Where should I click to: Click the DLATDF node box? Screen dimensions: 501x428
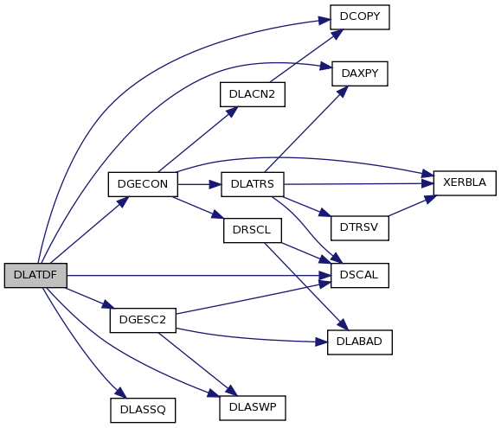[x=35, y=275]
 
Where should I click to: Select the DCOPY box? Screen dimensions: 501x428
[x=360, y=17]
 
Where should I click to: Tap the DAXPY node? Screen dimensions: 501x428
[x=360, y=73]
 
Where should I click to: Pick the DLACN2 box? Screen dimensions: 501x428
[x=253, y=94]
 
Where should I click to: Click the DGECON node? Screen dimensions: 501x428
[x=143, y=184]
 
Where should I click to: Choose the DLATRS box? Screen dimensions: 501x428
[x=253, y=184]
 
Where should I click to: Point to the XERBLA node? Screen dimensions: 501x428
[x=465, y=183]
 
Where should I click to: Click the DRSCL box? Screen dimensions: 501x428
[x=253, y=231]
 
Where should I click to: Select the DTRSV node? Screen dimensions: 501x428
[x=360, y=228]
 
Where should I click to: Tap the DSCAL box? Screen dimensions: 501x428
[x=360, y=276]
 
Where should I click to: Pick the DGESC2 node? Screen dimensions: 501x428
[x=143, y=321]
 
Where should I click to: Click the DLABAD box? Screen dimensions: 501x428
[x=360, y=342]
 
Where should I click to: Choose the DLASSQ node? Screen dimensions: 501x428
[x=143, y=411]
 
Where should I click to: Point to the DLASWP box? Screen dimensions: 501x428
[x=253, y=408]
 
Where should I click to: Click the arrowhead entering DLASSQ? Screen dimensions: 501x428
[x=120, y=393]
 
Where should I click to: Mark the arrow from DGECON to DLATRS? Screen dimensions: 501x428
[x=199, y=184]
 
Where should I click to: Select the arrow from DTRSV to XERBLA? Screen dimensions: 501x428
[x=412, y=205]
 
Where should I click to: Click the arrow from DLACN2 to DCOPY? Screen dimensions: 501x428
[x=306, y=56]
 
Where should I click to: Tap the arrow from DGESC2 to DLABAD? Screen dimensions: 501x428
[x=252, y=338]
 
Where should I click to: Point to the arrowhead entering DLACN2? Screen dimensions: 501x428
[x=231, y=112]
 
